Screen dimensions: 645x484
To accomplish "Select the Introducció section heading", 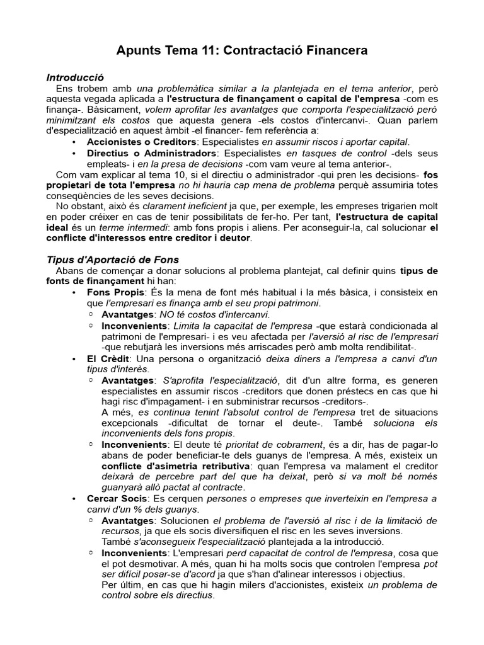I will (75, 77).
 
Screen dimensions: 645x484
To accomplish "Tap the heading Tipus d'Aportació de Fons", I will (113, 260).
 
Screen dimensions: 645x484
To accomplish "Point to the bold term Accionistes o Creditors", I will (142, 142).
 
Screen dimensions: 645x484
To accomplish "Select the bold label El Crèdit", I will (104, 358).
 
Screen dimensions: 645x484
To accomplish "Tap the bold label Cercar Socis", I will (117, 499).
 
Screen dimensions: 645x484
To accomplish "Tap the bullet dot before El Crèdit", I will (76, 358).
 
